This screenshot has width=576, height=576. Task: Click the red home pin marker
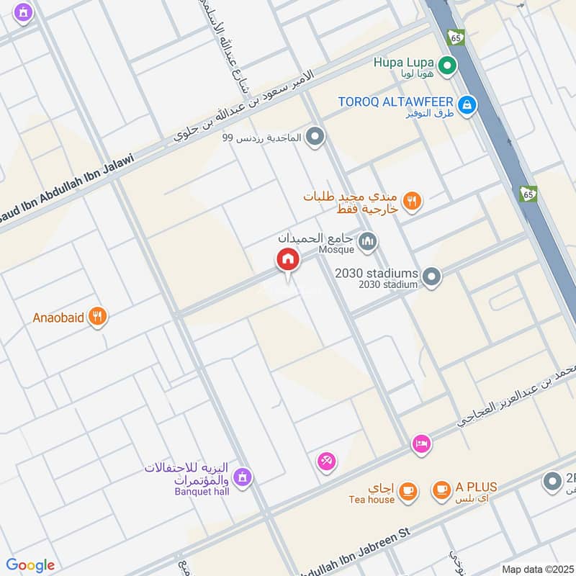(x=287, y=260)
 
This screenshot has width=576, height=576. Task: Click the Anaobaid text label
(x=59, y=317)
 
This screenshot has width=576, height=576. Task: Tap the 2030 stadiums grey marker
(x=431, y=276)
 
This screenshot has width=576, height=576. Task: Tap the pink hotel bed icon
(x=422, y=444)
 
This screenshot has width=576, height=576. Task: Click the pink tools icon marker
(x=326, y=461)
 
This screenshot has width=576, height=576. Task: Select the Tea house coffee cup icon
(x=408, y=490)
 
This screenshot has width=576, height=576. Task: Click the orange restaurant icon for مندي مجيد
(x=413, y=202)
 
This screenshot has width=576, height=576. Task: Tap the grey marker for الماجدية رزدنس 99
(x=314, y=136)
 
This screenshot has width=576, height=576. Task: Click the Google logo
(x=30, y=565)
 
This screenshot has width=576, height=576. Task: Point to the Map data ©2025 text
(x=536, y=569)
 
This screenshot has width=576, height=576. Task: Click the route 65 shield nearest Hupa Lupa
(x=455, y=37)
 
